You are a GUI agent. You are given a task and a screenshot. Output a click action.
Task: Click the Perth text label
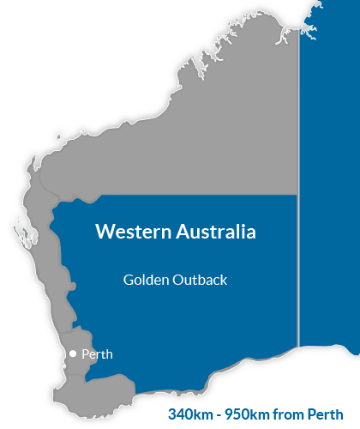coord(97,353)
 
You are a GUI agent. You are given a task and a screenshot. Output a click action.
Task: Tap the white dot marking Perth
coord(73,353)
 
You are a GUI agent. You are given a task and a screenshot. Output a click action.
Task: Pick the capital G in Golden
coord(128,280)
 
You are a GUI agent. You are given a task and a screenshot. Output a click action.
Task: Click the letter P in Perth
coord(85,353)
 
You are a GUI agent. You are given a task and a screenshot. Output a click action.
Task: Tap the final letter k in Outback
coord(223,280)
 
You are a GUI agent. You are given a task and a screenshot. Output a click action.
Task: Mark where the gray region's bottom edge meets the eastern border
coord(297,195)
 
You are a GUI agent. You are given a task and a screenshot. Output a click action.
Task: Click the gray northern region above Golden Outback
coord(214,129)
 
